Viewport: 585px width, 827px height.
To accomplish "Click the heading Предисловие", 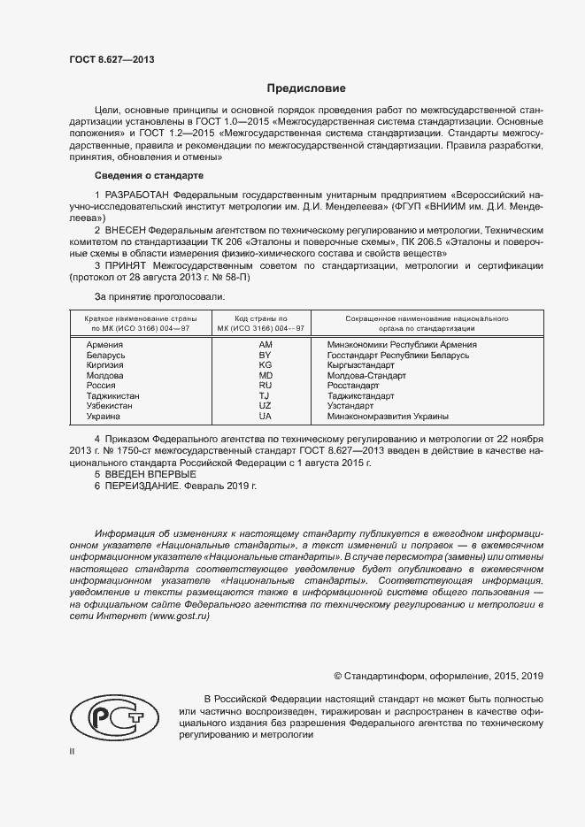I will pyautogui.click(x=306, y=88).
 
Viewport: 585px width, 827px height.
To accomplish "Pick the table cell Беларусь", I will pyautogui.click(x=105, y=355).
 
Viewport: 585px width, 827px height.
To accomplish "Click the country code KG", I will pyautogui.click(x=265, y=365).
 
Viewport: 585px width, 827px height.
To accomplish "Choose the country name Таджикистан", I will pyautogui.click(x=112, y=396).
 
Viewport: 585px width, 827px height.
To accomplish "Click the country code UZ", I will pyautogui.click(x=265, y=406).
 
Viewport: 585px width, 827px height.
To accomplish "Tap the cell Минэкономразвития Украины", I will pyautogui.click(x=388, y=417).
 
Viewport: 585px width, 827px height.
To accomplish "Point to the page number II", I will pyautogui.click(x=73, y=752).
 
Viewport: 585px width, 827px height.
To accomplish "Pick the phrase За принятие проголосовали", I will pyautogui.click(x=159, y=296).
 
